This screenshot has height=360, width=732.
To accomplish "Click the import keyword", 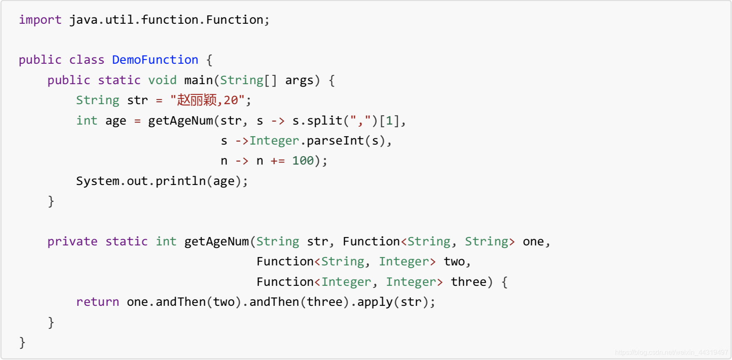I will tap(40, 20).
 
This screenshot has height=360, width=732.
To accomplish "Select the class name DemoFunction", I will tap(155, 60).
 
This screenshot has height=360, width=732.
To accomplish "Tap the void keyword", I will tap(162, 80).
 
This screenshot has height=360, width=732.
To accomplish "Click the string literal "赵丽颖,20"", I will tap(207, 100).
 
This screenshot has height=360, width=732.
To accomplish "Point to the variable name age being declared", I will tap(115, 120).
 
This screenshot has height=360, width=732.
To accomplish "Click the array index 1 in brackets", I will tap(389, 120).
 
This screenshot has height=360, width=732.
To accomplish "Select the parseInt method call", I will tap(335, 140).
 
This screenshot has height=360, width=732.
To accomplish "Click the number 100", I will tap(303, 160).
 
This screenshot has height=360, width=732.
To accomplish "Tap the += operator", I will tap(278, 160).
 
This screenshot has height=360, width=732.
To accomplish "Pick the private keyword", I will tap(72, 241).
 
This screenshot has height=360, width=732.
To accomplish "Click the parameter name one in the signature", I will tap(533, 241).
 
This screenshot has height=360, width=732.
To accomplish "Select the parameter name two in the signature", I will tap(454, 261).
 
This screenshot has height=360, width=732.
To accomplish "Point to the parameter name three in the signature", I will tap(468, 282).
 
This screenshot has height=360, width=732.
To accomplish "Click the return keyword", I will tap(97, 302).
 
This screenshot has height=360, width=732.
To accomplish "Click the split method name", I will tap(324, 120).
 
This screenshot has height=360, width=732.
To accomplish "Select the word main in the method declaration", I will tap(198, 80).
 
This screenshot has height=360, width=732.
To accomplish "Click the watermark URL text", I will tap(671, 352).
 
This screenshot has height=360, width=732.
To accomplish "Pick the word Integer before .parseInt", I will tap(274, 140).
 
